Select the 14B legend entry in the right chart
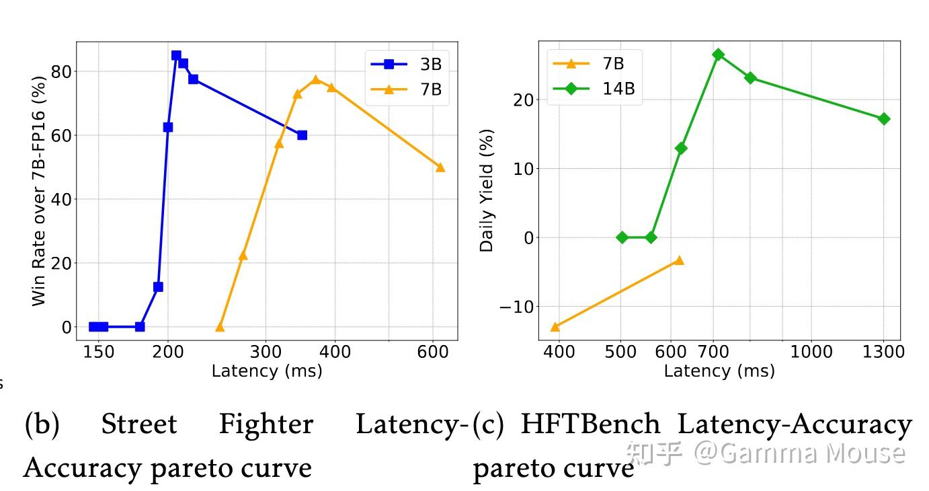point(592,88)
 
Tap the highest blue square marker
point(176,56)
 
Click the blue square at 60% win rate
point(302,135)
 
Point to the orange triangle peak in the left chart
point(316,80)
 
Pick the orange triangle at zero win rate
point(220,327)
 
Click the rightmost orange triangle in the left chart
point(440,167)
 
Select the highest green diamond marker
point(718,54)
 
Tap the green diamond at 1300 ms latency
point(884,119)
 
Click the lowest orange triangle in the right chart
point(555,327)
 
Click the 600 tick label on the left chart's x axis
point(432,352)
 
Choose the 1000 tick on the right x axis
point(811,352)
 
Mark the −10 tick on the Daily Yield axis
point(516,307)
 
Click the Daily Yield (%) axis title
point(487,190)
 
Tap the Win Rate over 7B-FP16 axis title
point(39,191)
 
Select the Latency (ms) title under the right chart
point(719,371)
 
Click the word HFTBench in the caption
point(590,424)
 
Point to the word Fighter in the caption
point(266,424)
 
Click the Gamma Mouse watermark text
point(800,453)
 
